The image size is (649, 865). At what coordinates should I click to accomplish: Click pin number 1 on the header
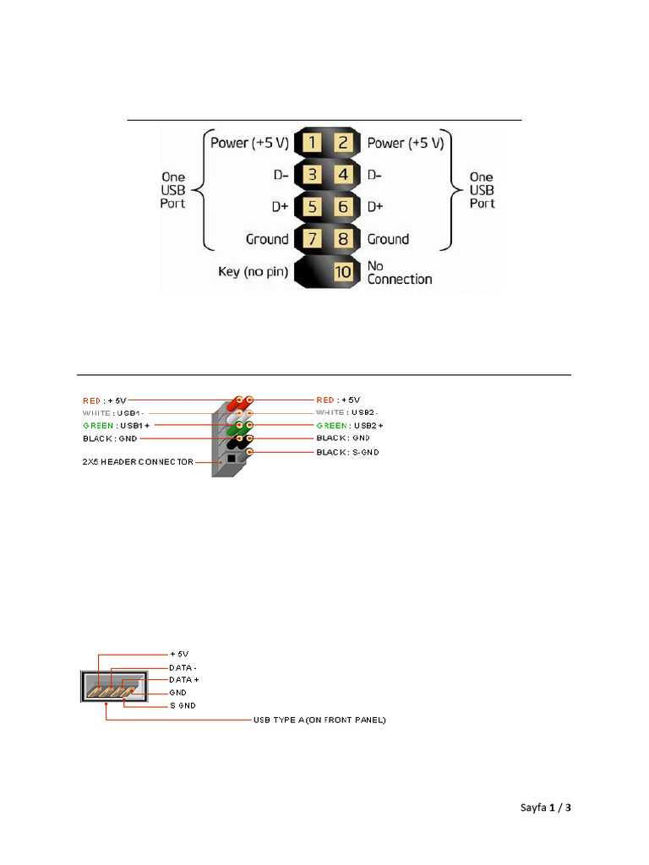pos(311,143)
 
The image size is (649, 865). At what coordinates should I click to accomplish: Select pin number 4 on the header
pos(343,175)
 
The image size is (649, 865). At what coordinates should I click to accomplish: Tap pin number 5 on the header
pos(311,207)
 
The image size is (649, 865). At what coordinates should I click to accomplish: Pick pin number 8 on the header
pos(343,239)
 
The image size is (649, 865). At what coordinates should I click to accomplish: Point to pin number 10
pos(343,272)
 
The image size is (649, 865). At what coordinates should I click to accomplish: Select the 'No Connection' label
pos(399,272)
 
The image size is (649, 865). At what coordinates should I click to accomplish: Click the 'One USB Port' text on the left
pos(173,190)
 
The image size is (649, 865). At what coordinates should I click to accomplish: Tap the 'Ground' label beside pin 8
pos(388,239)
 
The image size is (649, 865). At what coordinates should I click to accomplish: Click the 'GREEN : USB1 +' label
pos(117,425)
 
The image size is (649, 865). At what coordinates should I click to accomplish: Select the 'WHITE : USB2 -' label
pos(348,412)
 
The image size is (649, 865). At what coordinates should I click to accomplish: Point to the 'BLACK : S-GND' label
pos(348,453)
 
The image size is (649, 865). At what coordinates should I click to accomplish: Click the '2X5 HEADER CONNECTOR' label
pos(138,461)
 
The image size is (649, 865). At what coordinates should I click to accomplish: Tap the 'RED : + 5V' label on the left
pos(104,400)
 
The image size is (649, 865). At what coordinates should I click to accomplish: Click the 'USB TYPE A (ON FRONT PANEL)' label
pos(319,721)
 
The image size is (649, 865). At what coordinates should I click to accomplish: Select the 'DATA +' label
pos(184,679)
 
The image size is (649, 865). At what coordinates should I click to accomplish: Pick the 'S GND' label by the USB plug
pos(183,705)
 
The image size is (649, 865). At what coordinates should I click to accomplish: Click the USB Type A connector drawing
pos(115,685)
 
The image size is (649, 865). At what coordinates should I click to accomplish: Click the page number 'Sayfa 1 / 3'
pos(546,808)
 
